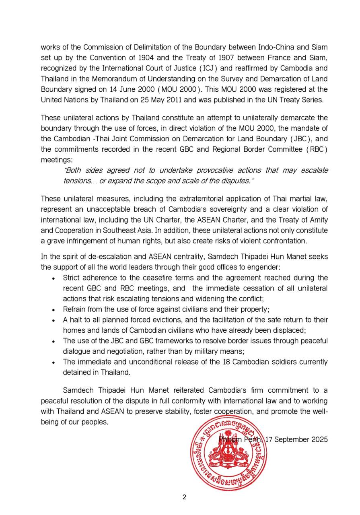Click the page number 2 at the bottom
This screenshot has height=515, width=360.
point(184,497)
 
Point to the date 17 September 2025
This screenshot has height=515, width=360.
point(297,439)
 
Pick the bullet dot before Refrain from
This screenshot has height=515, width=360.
point(54,310)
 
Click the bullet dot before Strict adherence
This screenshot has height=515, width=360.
point(54,278)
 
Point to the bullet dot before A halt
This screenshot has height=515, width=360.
point(54,320)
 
